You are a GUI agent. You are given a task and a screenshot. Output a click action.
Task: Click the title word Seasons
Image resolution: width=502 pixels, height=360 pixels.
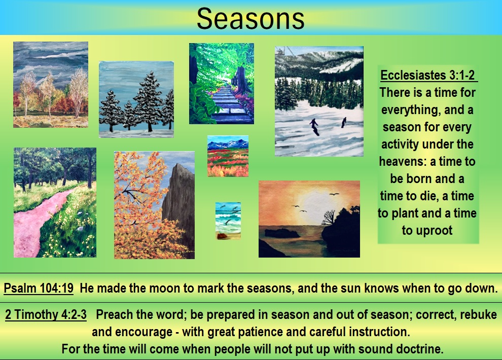(x=250, y=18)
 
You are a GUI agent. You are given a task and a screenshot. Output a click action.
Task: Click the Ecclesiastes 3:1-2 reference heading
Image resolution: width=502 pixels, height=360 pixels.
(x=427, y=75)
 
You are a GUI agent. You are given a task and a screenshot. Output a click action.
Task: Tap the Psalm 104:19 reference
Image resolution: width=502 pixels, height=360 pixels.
(x=39, y=288)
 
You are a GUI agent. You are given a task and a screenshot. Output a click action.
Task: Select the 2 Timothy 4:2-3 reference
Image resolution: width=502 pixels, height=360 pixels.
(x=46, y=314)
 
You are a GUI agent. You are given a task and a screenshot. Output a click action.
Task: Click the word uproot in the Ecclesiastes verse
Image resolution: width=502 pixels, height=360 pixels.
(x=436, y=230)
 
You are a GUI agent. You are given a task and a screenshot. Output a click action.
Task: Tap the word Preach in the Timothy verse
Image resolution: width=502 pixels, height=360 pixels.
(x=114, y=314)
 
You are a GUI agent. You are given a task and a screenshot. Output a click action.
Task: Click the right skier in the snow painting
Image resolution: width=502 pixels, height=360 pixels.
(x=344, y=122)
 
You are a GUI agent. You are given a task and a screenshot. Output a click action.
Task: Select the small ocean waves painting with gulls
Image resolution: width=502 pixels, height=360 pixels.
(x=228, y=221)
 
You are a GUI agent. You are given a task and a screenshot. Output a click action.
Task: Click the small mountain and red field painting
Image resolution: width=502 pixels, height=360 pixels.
(x=228, y=156)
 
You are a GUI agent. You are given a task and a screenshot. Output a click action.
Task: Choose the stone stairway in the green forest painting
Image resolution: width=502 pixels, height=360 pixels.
(x=228, y=104)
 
